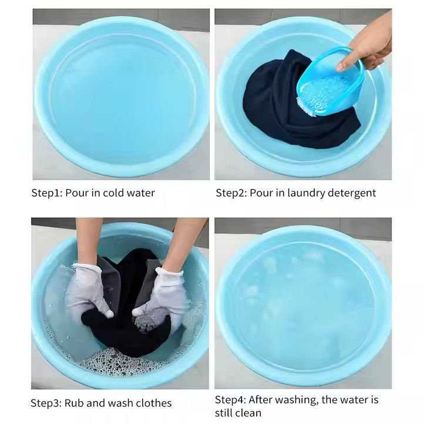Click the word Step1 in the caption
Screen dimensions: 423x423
(46, 193)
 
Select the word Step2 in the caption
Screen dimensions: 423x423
(231, 193)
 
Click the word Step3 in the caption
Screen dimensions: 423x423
(46, 403)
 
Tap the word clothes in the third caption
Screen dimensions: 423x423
(153, 403)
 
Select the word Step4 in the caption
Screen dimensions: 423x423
(230, 400)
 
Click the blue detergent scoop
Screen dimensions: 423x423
(330, 82)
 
